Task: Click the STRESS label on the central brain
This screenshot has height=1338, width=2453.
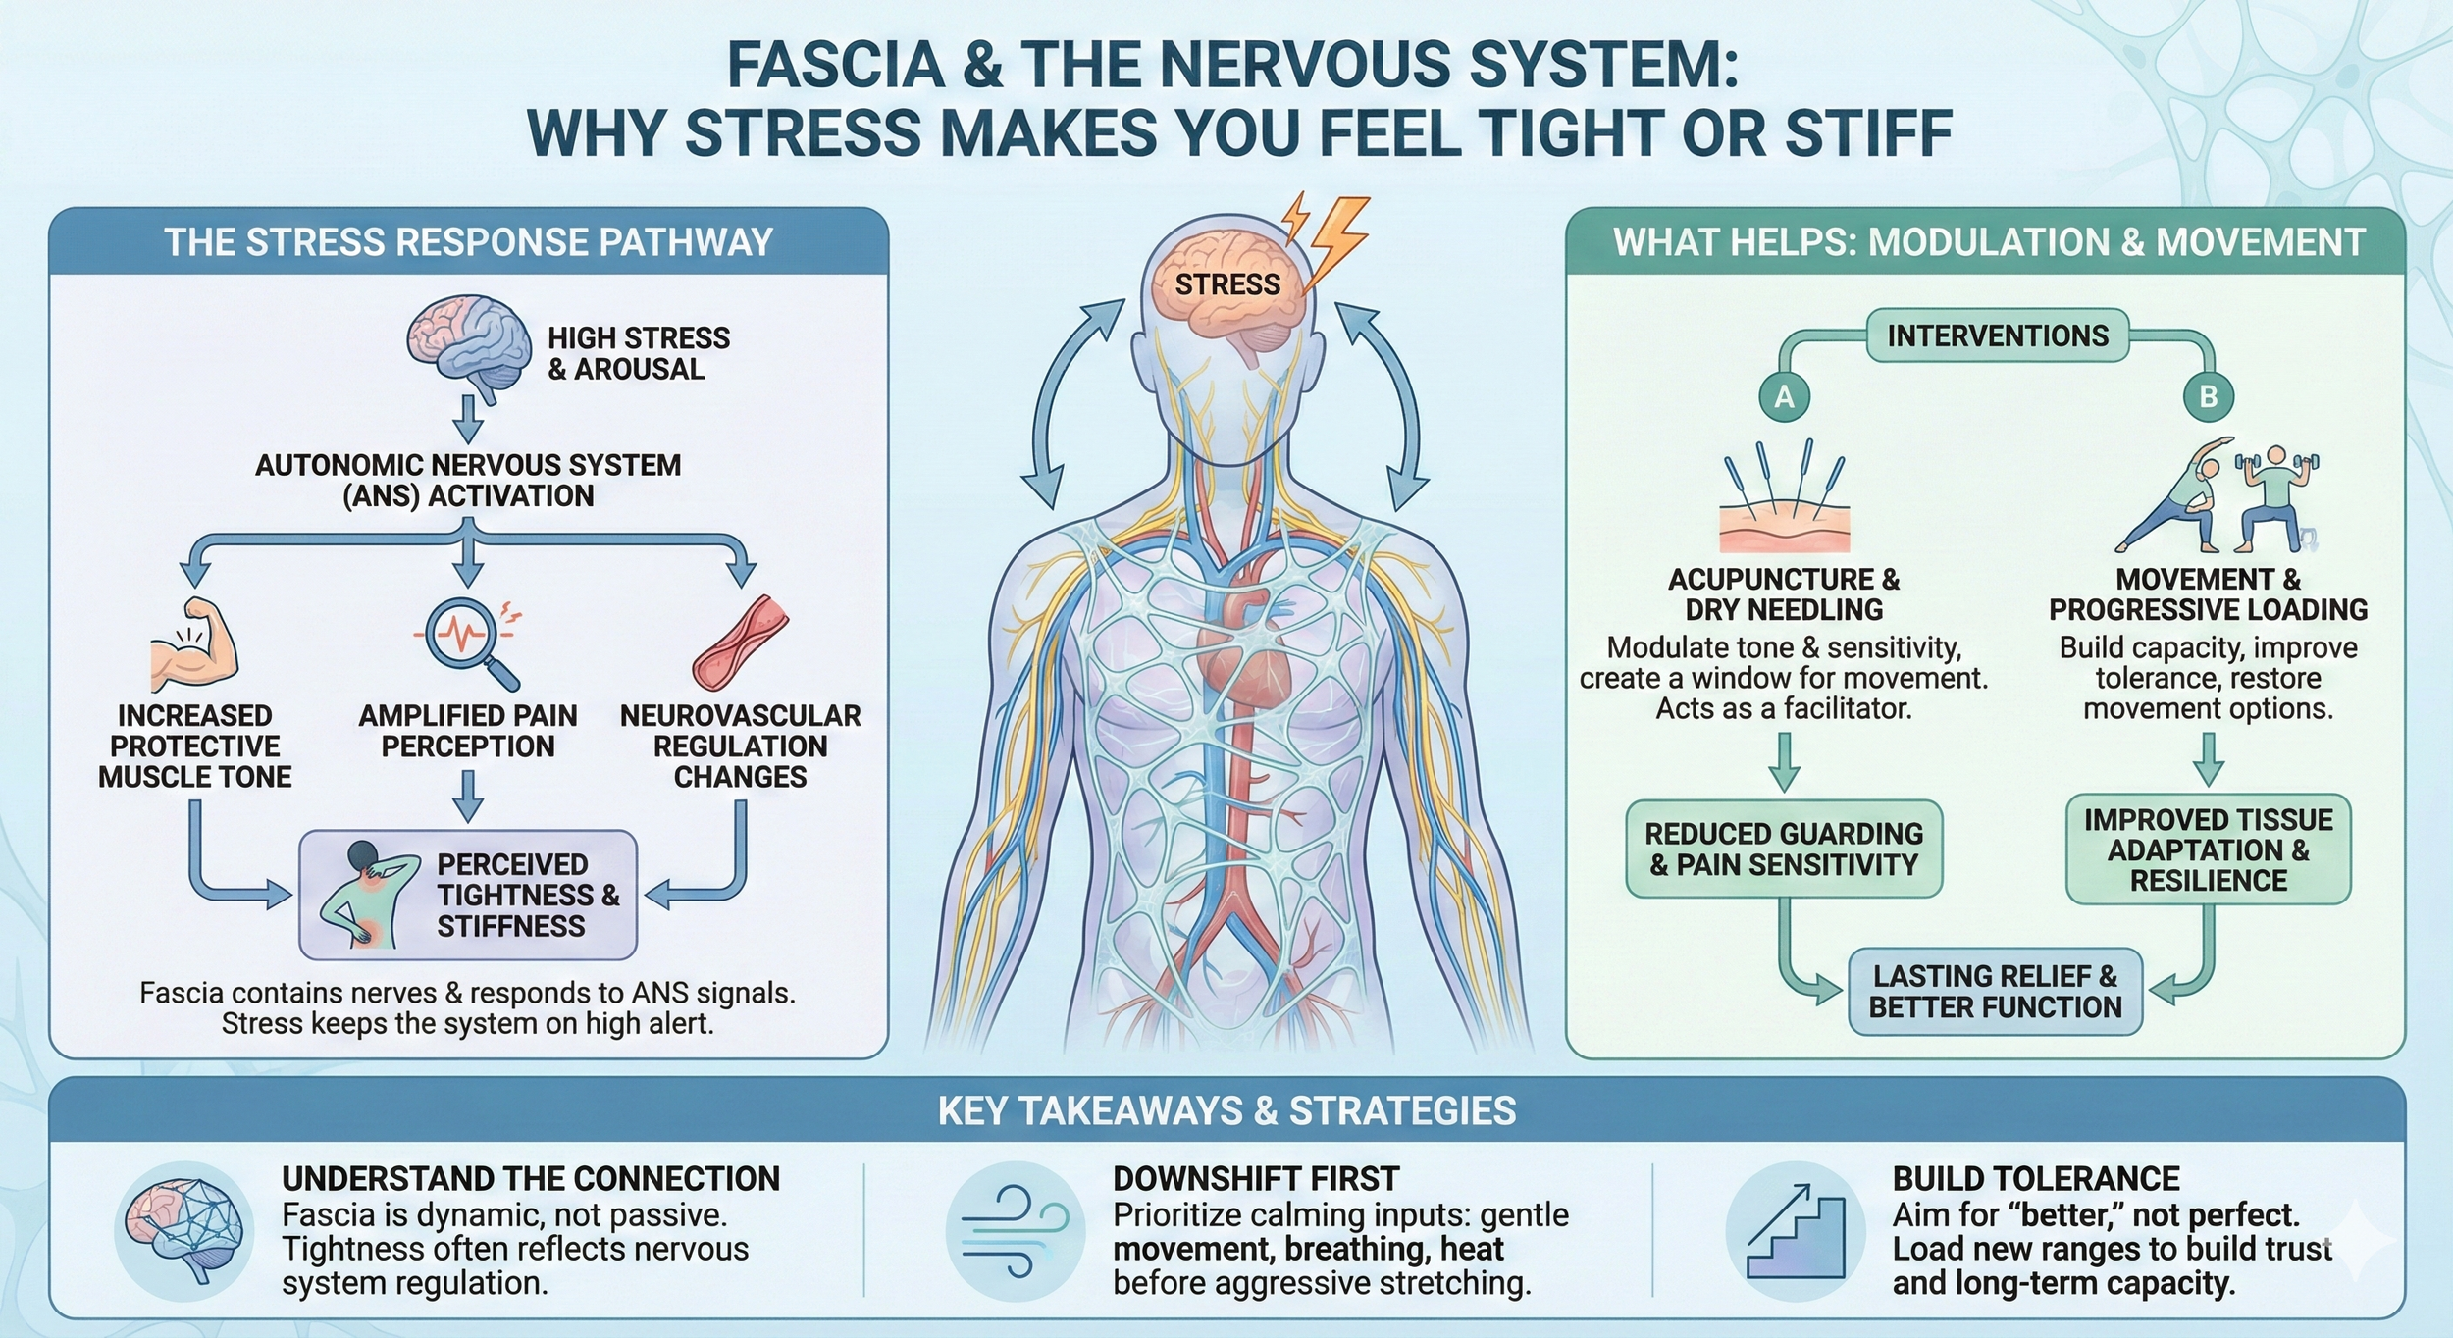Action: coord(1227,284)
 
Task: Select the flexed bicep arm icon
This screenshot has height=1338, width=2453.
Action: coord(195,645)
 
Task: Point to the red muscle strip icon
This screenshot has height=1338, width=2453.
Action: coord(740,643)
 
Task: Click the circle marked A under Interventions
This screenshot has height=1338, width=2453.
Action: coord(1784,397)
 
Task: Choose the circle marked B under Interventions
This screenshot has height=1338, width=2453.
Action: coord(2208,397)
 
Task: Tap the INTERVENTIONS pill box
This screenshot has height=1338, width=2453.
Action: coord(1997,336)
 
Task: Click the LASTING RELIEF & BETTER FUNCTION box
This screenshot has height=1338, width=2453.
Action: coord(1995,992)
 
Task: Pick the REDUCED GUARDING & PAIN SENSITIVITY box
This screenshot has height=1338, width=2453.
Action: coord(1784,849)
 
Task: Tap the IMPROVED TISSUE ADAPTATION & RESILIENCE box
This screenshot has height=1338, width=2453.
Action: coord(2208,849)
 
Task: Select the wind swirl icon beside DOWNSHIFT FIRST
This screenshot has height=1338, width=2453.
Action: coord(1016,1232)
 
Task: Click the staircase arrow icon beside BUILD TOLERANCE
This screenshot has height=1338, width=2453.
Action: coord(1795,1232)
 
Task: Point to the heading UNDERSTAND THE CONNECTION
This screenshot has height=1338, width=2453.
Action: coord(531,1178)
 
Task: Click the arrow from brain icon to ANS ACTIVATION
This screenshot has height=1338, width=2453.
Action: coord(469,421)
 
